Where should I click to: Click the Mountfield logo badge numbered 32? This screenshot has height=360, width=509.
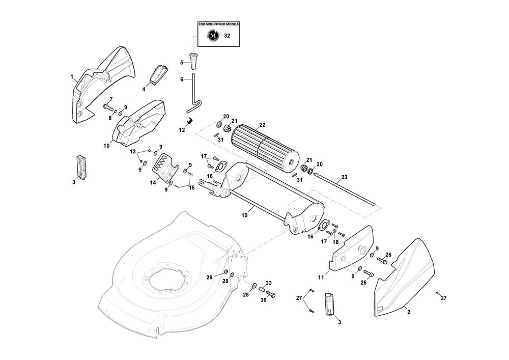click(213, 36)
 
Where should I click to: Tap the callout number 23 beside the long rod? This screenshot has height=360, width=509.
click(344, 177)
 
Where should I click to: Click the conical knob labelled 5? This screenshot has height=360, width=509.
click(194, 61)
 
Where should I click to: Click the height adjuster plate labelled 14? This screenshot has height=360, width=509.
click(164, 168)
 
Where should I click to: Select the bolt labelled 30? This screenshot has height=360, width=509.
click(270, 294)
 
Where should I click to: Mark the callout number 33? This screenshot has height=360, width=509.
click(269, 283)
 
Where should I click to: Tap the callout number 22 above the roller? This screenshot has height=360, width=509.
click(262, 125)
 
